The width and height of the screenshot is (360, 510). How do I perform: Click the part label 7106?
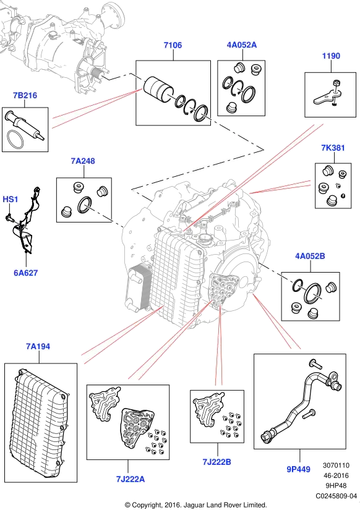coord(173,45)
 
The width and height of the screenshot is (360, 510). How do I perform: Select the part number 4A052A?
coord(241,45)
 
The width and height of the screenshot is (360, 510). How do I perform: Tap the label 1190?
coord(331,56)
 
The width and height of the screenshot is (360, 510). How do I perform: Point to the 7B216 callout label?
coord(25,95)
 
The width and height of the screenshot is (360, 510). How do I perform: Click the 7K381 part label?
coord(333,148)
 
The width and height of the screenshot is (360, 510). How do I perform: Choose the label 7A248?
coord(83,161)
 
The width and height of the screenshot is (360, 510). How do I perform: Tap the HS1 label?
coord(11,199)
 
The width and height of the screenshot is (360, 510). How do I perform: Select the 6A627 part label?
coord(26,273)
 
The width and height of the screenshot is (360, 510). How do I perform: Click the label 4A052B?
coord(310,257)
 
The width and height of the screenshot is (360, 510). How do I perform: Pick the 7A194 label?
coord(38,347)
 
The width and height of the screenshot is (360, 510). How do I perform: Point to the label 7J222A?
coord(130,479)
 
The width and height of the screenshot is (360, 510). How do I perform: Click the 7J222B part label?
coord(216,462)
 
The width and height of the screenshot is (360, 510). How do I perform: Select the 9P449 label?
coord(299,469)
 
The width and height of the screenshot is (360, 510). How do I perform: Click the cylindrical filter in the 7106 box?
coord(158,90)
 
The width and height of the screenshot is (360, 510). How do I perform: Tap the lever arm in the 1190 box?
coord(327,98)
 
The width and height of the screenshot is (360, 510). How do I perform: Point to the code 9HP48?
coord(336,486)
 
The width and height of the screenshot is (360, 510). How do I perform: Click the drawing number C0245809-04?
coord(336,496)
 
